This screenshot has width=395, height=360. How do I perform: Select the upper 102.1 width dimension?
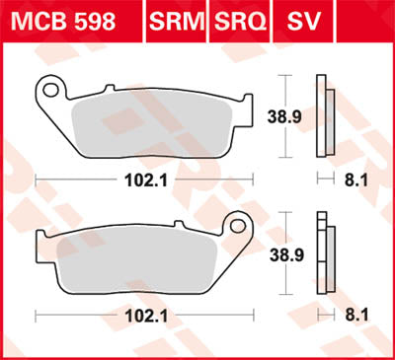tap(140, 180)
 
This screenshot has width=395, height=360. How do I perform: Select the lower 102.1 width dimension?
tap(140, 316)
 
